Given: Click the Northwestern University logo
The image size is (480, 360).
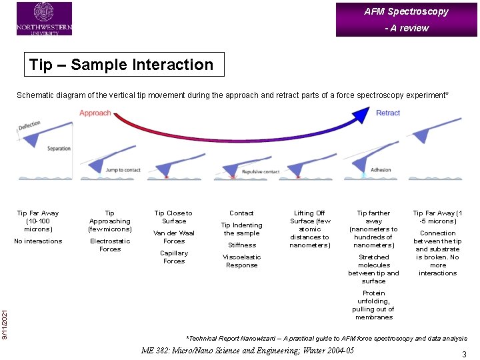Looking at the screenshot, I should click(44, 18).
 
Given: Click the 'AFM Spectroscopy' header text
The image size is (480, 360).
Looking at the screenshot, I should click(406, 11).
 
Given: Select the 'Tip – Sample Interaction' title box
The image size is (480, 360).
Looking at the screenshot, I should click(124, 65).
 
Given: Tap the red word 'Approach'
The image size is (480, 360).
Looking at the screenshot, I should click(95, 113).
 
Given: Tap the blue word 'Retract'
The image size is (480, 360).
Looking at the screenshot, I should click(388, 113).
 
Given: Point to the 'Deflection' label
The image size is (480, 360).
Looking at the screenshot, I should click(29, 125).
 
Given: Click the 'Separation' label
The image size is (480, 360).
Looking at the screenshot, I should click(59, 149).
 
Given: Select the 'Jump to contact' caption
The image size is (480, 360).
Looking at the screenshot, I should click(123, 170).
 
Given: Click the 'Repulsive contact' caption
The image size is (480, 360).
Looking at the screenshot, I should click(261, 171).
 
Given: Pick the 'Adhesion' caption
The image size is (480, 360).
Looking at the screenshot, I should click(381, 170).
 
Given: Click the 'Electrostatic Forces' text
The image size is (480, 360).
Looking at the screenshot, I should click(110, 245).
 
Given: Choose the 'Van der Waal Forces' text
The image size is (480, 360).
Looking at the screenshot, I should click(174, 237).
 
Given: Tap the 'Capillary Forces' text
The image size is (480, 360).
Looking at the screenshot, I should click(174, 257).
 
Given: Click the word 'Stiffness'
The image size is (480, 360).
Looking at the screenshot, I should click(241, 245).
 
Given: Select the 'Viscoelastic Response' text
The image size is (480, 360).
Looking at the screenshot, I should click(241, 261).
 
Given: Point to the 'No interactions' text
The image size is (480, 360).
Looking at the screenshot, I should click(38, 241).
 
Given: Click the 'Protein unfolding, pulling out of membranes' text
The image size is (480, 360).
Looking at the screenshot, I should click(373, 305).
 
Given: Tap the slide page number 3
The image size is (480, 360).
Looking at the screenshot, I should click(463, 355).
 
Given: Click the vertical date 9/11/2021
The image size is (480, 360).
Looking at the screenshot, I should click(5, 313).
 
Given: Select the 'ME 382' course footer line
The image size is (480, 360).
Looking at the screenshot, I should click(247, 351).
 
